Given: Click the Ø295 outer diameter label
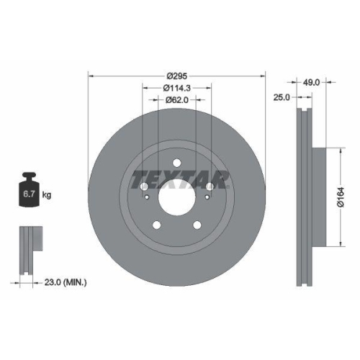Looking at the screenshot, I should pos(176,76).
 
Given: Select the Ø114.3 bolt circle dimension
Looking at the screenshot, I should pos(176,88).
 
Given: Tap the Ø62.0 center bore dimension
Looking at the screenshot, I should pos(176,100).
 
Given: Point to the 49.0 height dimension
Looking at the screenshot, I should pos(310,82).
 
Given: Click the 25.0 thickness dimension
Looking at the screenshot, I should pos(284,96).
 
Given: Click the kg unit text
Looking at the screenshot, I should pos(47,195).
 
